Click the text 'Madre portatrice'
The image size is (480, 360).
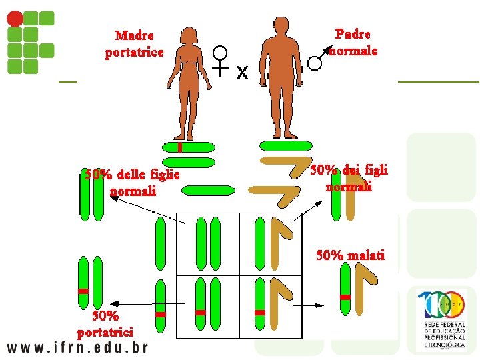(134, 43)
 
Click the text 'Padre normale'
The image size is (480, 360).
(353, 41)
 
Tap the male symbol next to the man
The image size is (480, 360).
(317, 60)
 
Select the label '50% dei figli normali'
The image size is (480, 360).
(349, 178)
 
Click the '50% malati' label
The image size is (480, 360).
(350, 255)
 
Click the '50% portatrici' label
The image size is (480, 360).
(105, 323)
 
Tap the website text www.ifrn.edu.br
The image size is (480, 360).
(77, 347)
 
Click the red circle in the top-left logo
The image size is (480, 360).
(14, 18)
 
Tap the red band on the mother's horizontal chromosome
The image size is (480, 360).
(180, 147)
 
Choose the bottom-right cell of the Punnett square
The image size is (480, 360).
(269, 304)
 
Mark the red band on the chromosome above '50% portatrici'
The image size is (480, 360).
(83, 291)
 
